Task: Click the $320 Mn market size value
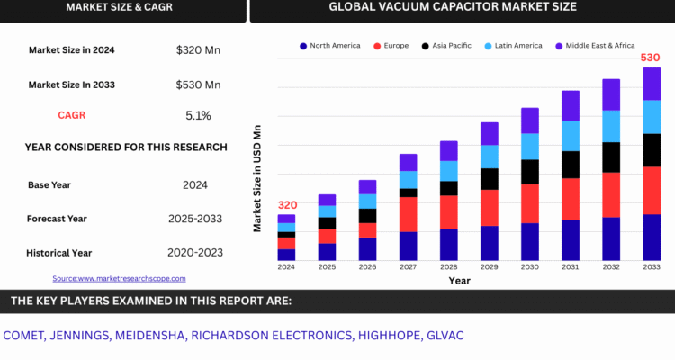[198, 50]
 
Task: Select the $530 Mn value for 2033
[198, 85]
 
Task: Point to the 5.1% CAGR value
[198, 115]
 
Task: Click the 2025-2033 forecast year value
[195, 219]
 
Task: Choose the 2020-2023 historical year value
[195, 253]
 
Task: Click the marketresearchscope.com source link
[119, 279]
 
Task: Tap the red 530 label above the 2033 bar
[651, 58]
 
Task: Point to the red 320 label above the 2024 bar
[287, 205]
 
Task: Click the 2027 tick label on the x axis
[408, 267]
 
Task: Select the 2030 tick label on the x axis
[530, 267]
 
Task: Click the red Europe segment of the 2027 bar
[408, 214]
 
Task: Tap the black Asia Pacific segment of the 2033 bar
[652, 150]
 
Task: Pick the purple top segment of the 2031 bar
[571, 105]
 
